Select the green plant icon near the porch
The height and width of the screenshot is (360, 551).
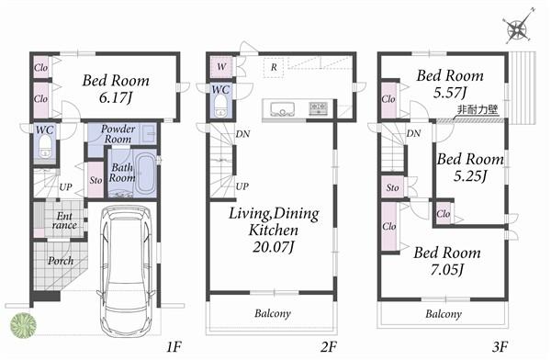click(23, 325)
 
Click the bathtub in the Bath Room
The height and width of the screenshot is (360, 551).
click(145, 175)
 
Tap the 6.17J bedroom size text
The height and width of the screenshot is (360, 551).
click(116, 95)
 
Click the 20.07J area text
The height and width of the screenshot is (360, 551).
click(275, 246)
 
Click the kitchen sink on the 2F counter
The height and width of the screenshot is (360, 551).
click(279, 107)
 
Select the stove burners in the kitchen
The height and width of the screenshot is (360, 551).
click(318, 107)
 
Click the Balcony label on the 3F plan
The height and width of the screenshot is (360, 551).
click(444, 313)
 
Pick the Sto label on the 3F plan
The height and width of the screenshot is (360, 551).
click(391, 188)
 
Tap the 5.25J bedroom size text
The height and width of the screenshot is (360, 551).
click(470, 175)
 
